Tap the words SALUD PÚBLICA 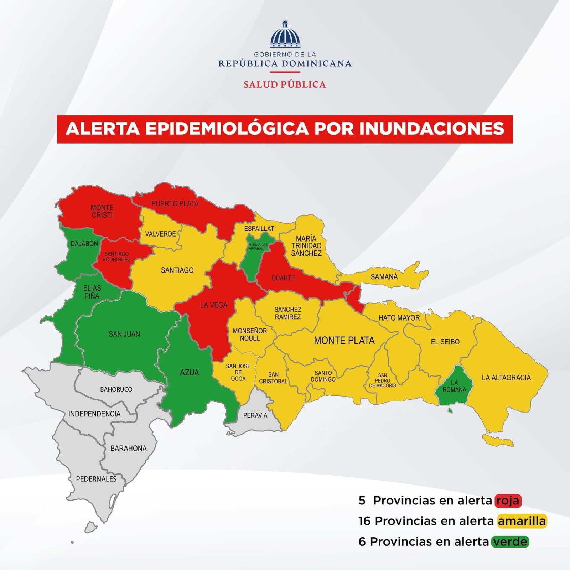coord(285,84)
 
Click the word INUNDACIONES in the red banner coord(432,129)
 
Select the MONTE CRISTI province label coord(102,211)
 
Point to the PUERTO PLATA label coord(175,204)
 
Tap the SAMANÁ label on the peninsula coord(384,277)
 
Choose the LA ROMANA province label coord(454,386)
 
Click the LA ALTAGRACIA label coord(506,378)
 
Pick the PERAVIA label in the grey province coord(255,415)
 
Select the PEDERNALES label coord(96,479)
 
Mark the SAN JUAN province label coord(124,334)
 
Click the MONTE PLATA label coord(344,341)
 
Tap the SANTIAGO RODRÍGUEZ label coord(116,256)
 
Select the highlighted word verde coord(510,542)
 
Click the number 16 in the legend coord(364,521)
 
